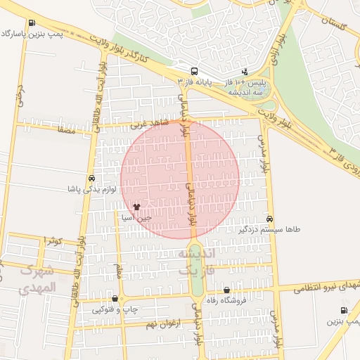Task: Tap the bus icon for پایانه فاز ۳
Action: tap(194, 71)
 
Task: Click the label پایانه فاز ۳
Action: tap(194, 82)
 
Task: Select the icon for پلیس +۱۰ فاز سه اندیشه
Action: tap(245, 71)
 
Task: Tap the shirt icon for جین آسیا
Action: tap(136, 207)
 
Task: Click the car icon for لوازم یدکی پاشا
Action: tap(93, 179)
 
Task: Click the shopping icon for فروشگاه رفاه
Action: tap(226, 290)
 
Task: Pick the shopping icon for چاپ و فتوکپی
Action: tap(115, 298)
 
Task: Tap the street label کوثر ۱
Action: tap(53, 241)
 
